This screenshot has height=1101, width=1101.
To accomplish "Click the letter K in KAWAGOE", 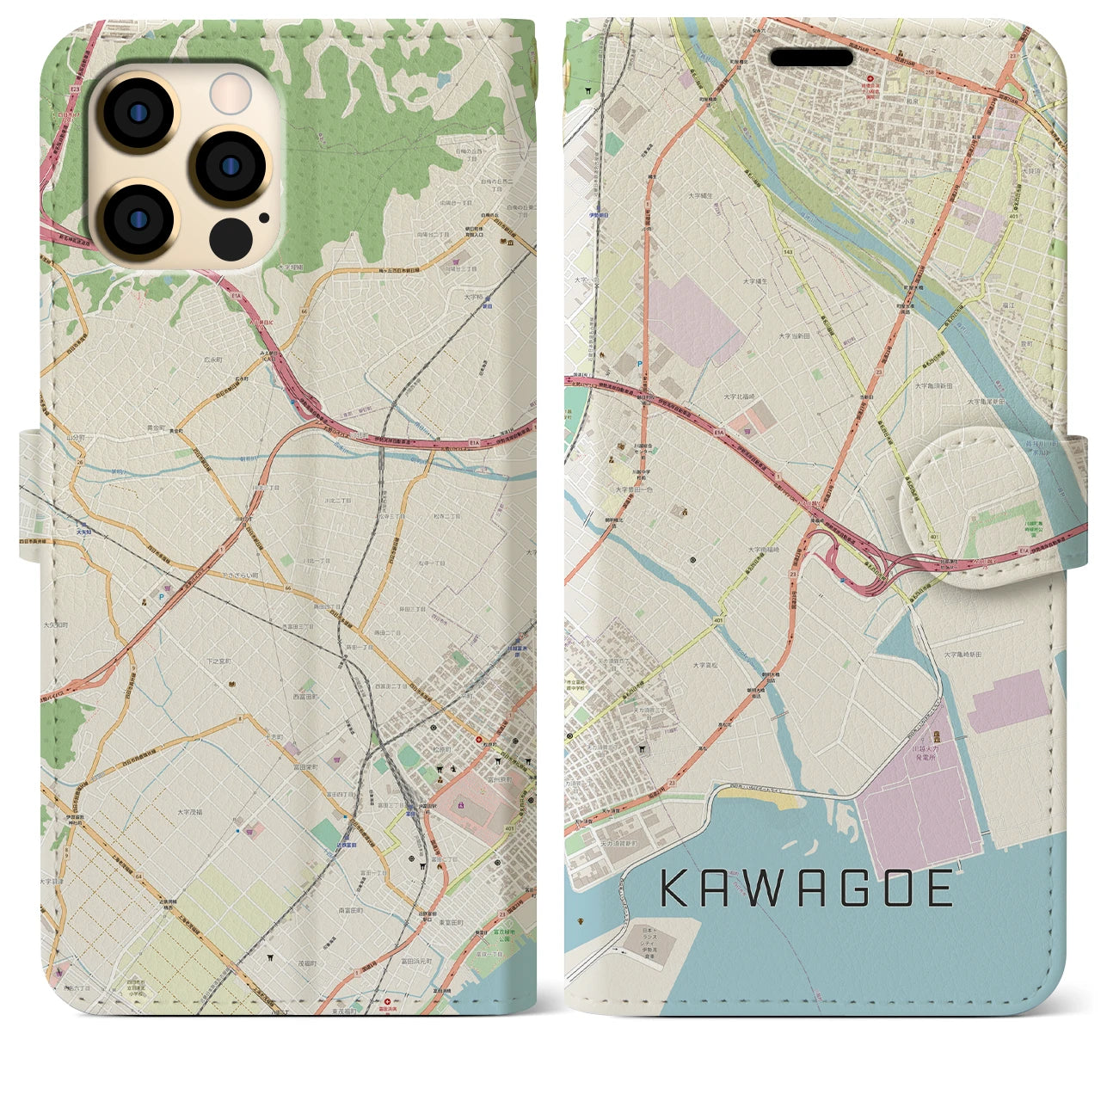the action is [x=676, y=889].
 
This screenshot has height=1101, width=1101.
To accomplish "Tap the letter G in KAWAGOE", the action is [x=840, y=889].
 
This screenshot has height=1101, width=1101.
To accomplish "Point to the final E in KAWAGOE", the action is [x=939, y=889].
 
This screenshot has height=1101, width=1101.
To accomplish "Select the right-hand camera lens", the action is [x=229, y=165].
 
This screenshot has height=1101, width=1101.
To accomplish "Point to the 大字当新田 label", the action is [x=797, y=336].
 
